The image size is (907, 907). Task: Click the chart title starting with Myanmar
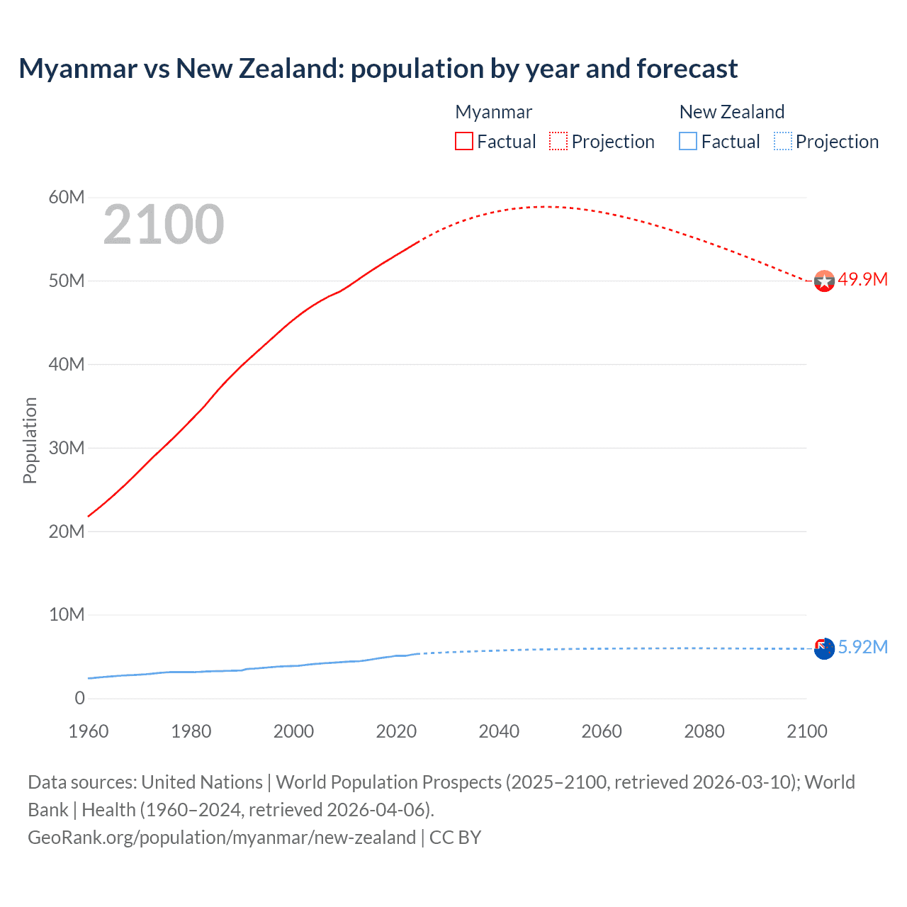click(378, 69)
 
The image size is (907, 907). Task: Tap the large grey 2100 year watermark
click(164, 225)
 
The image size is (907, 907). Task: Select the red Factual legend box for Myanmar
click(463, 141)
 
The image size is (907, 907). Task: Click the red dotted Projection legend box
click(558, 141)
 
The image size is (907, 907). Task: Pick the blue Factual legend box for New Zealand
click(687, 141)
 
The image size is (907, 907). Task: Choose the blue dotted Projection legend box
click(782, 141)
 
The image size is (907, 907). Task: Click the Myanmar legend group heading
click(493, 112)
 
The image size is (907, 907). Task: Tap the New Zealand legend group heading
click(731, 112)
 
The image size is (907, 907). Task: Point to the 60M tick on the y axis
click(66, 197)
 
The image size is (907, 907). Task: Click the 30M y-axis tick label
click(66, 448)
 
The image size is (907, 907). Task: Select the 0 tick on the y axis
click(79, 698)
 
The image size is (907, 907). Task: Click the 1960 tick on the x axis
click(89, 731)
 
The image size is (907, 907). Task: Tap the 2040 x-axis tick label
click(499, 731)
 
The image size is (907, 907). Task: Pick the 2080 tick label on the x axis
click(704, 731)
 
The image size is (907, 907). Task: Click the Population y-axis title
click(30, 440)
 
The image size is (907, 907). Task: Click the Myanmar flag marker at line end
click(824, 281)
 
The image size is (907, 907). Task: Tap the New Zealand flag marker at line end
click(824, 648)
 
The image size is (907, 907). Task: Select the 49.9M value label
click(862, 279)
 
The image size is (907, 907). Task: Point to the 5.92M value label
click(862, 647)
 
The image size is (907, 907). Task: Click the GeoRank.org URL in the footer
click(222, 838)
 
